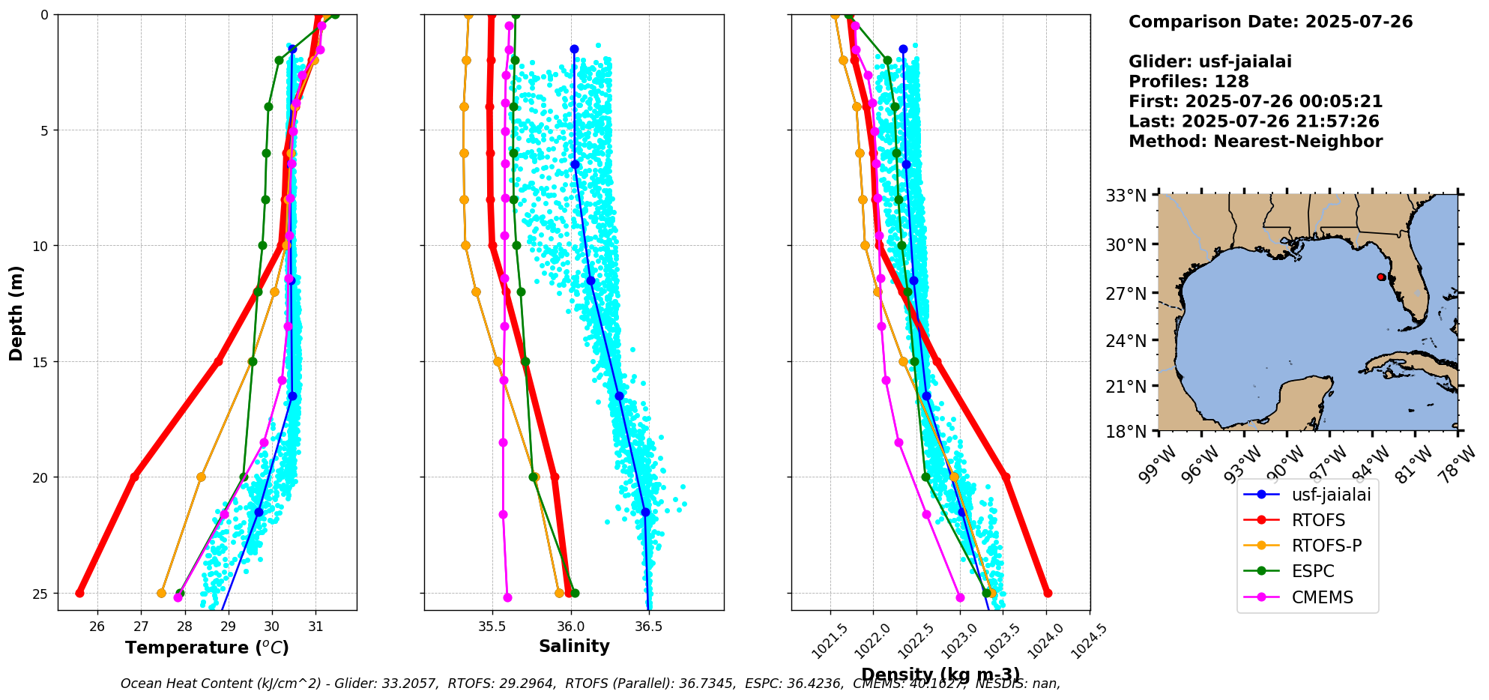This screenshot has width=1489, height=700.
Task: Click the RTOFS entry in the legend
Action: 1317,520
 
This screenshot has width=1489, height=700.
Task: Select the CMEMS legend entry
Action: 1322,597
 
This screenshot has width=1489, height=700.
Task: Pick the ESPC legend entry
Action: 1312,571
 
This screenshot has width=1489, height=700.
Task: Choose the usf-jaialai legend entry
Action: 1331,495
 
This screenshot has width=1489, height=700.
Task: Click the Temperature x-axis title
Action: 207,648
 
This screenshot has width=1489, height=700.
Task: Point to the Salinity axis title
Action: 574,646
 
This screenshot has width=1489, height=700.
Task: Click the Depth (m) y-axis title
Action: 16,313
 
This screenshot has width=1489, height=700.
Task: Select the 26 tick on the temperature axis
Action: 97,627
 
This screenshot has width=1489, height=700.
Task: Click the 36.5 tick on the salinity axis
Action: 648,627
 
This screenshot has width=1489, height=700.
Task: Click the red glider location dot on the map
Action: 1380,277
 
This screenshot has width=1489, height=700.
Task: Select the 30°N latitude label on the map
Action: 1126,244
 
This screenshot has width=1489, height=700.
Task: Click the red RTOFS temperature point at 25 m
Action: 79,593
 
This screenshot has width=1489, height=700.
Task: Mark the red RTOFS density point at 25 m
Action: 1048,593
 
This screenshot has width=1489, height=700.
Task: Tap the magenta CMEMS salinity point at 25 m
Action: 507,597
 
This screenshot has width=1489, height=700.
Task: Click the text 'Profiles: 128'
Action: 1189,82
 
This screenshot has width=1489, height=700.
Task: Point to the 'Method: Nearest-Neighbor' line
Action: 1255,141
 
